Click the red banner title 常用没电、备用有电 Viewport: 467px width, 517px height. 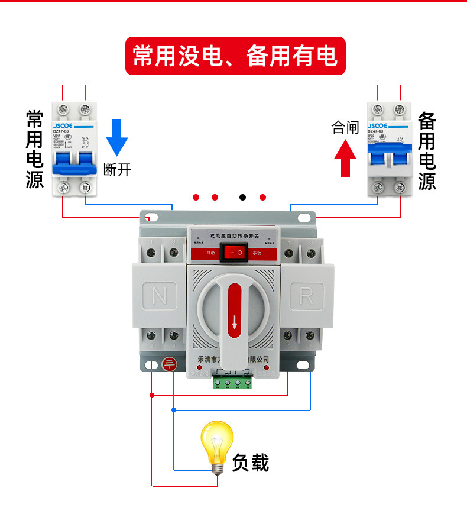coord(235,56)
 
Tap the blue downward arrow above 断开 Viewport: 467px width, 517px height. coord(116,137)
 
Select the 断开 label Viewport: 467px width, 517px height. coord(117,170)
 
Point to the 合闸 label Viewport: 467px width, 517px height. coord(345,127)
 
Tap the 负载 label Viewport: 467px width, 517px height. coord(251,462)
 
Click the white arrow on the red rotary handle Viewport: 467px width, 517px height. coord(235,322)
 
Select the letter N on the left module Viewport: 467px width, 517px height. coord(160,295)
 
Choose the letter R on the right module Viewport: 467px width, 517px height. coord(306,296)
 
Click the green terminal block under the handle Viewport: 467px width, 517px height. coord(233,382)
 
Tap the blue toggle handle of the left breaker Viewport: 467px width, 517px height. coord(74,168)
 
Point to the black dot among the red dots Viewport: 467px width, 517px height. coord(242,197)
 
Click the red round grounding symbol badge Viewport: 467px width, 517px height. coord(168,365)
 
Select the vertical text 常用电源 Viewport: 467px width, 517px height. coord(35,149)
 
